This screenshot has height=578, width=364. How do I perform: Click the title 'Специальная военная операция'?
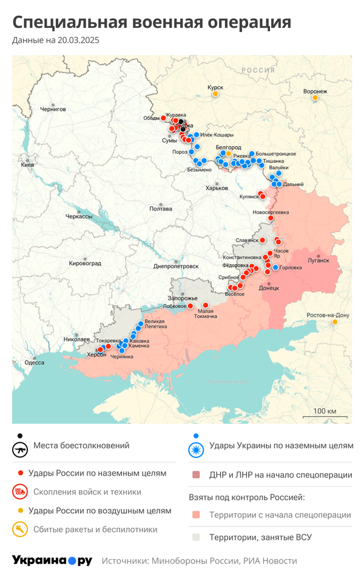pyautogui.click(x=152, y=22)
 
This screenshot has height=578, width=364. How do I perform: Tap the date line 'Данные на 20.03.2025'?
pyautogui.click(x=56, y=41)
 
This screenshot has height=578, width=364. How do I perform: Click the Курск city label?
pyautogui.click(x=215, y=87)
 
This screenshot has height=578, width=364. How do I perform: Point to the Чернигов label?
pyautogui.click(x=52, y=109)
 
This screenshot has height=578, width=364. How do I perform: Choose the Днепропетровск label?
pyautogui.click(x=176, y=265)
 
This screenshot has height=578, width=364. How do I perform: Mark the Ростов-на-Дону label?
pyautogui.click(x=328, y=315)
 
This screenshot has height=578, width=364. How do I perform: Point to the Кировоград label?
pyautogui.click(x=86, y=263)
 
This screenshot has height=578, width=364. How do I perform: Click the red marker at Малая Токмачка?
pyautogui.click(x=206, y=305)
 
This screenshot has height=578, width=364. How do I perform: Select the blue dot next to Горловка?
pyautogui.click(x=275, y=267)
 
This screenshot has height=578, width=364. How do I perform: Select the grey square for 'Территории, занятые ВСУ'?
pyautogui.click(x=196, y=537)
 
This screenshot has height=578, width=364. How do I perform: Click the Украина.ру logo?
pyautogui.click(x=52, y=560)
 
